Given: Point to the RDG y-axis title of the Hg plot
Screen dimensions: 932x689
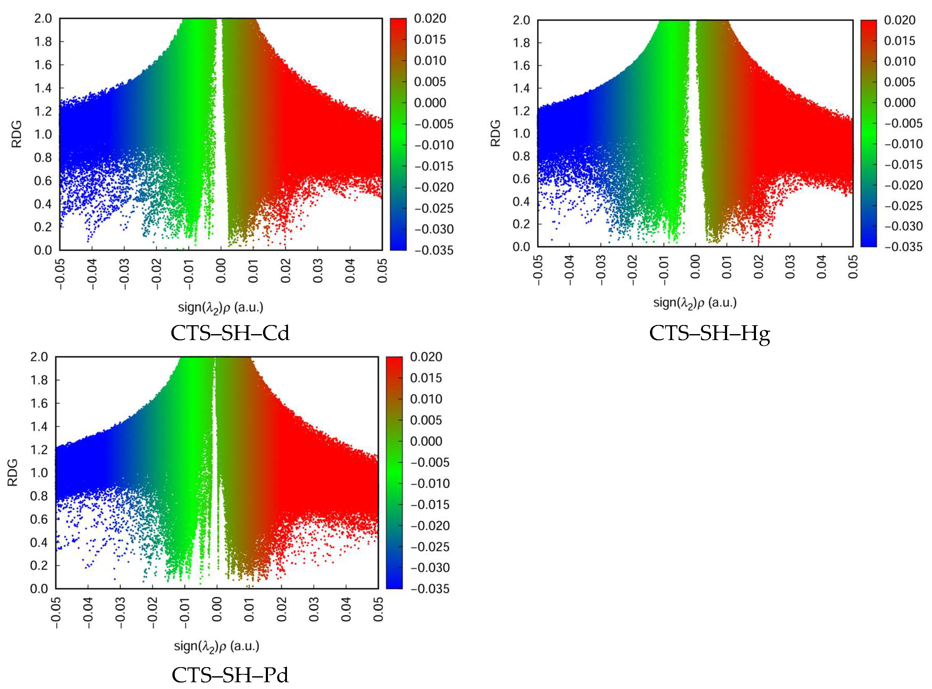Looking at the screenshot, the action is [495, 134].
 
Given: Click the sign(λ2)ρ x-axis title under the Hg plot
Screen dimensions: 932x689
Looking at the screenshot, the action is [695, 303].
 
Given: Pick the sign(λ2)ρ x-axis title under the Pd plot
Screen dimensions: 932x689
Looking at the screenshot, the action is [216, 647].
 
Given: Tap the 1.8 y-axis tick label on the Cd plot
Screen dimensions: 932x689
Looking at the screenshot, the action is [43, 42].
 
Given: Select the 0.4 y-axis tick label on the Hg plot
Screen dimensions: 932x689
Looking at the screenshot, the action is [522, 202].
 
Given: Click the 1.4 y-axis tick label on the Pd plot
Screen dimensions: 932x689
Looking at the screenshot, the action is [40, 427].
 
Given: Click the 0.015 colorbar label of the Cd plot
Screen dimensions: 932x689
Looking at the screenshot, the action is [430, 40].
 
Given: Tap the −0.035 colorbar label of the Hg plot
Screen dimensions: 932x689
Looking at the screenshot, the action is [904, 247].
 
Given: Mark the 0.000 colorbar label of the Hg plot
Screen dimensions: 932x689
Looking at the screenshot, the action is [900, 103].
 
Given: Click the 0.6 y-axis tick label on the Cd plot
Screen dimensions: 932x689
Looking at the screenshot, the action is [43, 181].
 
